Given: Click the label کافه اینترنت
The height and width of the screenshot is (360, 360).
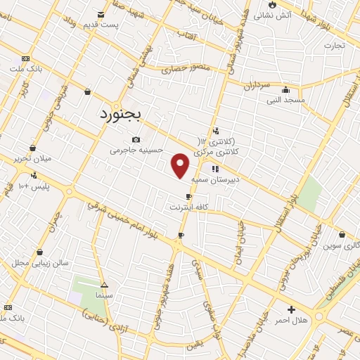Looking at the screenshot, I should click(x=188, y=207).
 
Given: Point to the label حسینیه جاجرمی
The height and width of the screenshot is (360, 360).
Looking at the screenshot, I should click(x=136, y=150).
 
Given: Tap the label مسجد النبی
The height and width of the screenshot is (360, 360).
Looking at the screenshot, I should click(x=285, y=100).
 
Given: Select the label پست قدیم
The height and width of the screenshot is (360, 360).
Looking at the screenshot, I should click(x=101, y=25).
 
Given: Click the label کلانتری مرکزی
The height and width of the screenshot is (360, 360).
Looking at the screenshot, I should click(x=236, y=151).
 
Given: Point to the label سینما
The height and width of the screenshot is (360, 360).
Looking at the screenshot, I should click(x=104, y=296).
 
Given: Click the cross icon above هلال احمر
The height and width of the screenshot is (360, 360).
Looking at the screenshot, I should click(x=291, y=309).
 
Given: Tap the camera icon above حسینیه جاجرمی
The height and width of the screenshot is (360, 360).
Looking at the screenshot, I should click(x=136, y=139).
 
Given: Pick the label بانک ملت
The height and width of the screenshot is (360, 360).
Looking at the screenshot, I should click(x=25, y=69).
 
